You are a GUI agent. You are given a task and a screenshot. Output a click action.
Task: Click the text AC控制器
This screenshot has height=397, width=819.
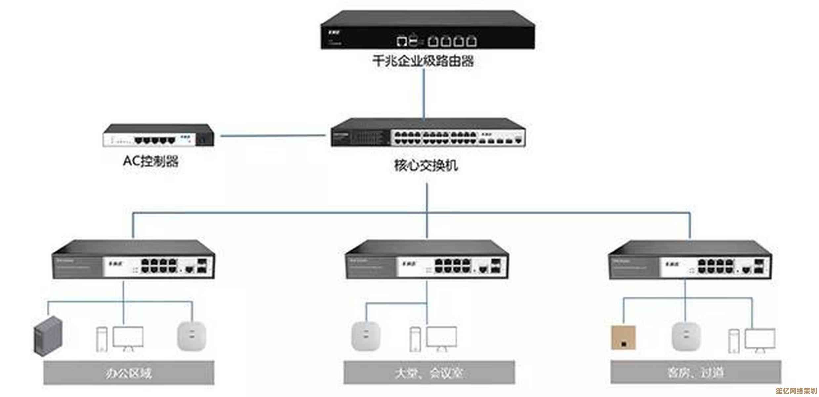[x=150, y=161]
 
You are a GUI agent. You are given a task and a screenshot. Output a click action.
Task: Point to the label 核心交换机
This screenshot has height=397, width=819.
[x=426, y=165]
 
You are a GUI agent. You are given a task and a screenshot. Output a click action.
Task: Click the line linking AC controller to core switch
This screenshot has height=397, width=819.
[x=273, y=136]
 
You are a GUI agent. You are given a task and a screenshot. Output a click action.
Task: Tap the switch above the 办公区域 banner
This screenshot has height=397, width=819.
[x=133, y=260]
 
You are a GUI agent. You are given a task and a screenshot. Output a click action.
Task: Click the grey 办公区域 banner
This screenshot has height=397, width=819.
[x=129, y=373]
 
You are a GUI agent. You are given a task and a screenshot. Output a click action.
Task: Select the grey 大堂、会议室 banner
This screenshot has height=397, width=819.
[x=429, y=373]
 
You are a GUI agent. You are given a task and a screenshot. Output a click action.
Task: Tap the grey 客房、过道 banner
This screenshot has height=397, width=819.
[x=695, y=373]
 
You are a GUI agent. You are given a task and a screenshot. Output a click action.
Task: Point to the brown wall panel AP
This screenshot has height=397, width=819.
[x=623, y=337]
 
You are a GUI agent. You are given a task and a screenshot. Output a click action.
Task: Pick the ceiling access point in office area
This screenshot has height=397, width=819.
[x=192, y=336]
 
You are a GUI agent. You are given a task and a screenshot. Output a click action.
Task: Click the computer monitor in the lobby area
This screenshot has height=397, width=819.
[x=441, y=337]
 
